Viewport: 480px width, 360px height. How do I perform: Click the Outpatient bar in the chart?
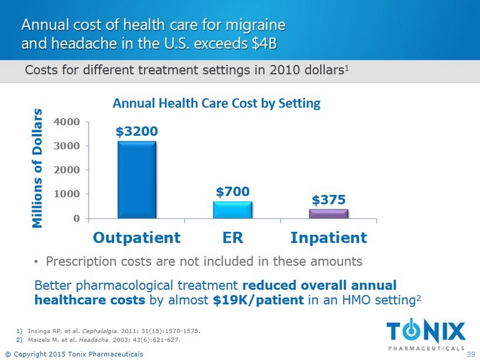pos(136,180)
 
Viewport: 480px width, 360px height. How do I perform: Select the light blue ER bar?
pos(232,209)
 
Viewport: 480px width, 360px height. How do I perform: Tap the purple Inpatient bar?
pos(328,213)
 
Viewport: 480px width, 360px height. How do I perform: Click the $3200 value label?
pos(136,131)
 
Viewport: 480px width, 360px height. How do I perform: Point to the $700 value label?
pos(232,192)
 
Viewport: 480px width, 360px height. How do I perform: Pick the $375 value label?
pos(328,200)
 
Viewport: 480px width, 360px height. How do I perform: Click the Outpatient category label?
pos(136,238)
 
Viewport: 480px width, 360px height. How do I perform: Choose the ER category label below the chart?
pos(232,238)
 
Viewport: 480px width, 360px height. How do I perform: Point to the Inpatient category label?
pos(328,238)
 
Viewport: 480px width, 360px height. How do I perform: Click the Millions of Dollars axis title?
pos(37,168)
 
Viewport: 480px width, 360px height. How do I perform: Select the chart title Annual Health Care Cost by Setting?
pos(216,103)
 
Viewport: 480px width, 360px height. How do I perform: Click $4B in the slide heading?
pos(263,43)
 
